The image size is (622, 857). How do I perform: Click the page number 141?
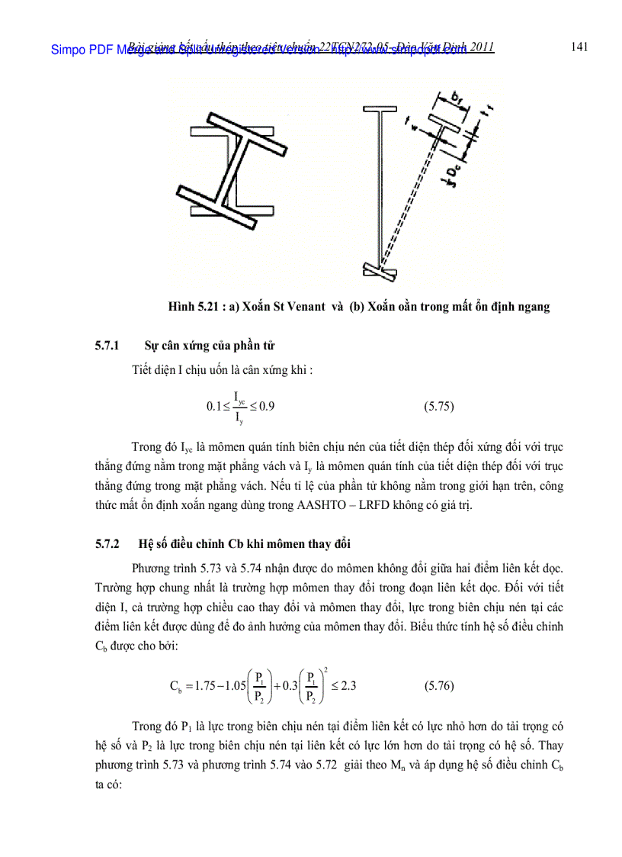point(579,47)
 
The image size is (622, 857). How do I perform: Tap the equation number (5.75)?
point(438,406)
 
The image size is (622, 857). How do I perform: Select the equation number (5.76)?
point(438,685)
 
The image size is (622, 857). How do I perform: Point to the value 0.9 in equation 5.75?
point(267,406)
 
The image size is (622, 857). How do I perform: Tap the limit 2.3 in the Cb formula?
point(348,685)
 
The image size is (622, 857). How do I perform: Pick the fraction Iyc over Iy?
point(239,406)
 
